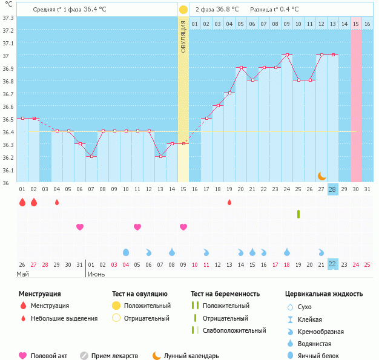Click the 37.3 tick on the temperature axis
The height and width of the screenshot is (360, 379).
tap(8, 18)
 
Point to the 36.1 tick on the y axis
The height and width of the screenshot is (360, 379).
tap(8, 170)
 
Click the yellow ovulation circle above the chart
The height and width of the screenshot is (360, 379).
tap(183, 10)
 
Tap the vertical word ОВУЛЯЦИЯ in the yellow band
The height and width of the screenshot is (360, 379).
tap(183, 36)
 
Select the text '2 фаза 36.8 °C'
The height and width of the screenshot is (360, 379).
tap(217, 10)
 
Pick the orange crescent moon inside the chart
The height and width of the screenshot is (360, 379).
tap(322, 175)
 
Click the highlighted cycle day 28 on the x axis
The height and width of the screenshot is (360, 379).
tap(332, 189)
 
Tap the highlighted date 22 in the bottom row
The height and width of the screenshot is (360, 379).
tap(332, 264)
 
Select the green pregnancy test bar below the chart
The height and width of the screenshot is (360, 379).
tap(298, 214)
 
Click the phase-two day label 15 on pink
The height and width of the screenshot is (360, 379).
tap(355, 24)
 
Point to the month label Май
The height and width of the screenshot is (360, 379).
tap(22, 274)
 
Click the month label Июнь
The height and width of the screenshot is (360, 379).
tap(97, 274)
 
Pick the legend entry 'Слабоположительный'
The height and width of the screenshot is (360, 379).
tap(234, 330)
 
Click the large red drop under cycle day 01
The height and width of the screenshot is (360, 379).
tap(22, 202)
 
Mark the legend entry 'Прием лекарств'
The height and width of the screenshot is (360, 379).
tap(114, 356)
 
